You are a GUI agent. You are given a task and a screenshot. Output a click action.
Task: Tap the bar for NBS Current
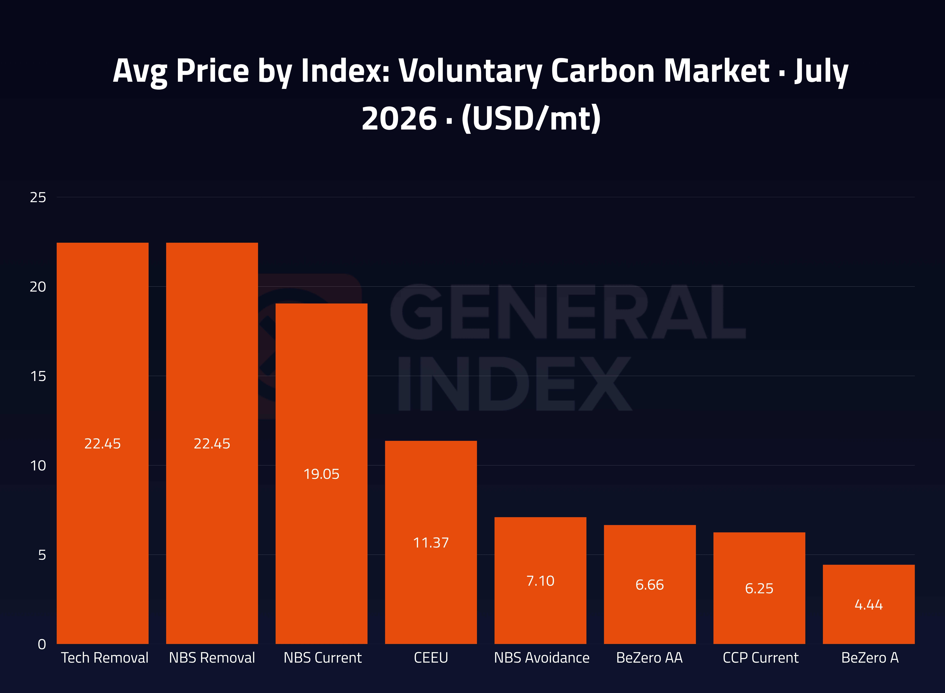pyautogui.click(x=321, y=474)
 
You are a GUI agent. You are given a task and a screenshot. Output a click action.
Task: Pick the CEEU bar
pyautogui.click(x=431, y=542)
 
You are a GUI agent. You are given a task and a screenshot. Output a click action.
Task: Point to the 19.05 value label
pyautogui.click(x=321, y=474)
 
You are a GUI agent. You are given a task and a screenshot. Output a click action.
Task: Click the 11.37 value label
pyautogui.click(x=431, y=543)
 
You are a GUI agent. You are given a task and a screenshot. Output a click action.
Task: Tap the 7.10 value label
pyautogui.click(x=540, y=581)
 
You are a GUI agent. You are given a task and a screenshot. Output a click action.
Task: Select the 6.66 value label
pyautogui.click(x=650, y=585)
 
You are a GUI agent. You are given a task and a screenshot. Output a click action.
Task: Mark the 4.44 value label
pyautogui.click(x=869, y=605)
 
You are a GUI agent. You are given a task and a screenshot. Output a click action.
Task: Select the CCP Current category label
pyautogui.click(x=760, y=658)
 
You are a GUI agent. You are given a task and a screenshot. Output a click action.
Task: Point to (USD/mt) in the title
pyautogui.click(x=531, y=119)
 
